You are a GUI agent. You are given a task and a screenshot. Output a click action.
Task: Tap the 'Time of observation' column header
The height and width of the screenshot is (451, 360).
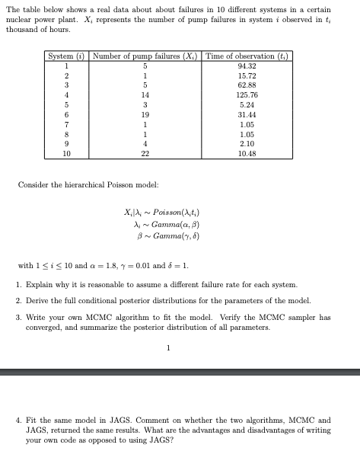pyautogui.click(x=247, y=57)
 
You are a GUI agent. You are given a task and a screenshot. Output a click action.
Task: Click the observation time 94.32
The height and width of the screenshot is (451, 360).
pyautogui.click(x=247, y=66)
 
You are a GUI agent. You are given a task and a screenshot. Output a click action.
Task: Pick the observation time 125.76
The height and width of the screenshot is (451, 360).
pyautogui.click(x=247, y=94)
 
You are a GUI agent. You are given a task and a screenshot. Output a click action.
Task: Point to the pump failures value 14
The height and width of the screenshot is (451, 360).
pyautogui.click(x=145, y=94)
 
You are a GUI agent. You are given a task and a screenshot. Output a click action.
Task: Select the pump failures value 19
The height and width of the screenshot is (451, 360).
pyautogui.click(x=145, y=113)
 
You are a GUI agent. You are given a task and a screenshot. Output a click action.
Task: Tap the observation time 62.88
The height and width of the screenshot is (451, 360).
pyautogui.click(x=247, y=85)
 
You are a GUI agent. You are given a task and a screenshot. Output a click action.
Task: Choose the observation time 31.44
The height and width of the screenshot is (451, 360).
pyautogui.click(x=247, y=113)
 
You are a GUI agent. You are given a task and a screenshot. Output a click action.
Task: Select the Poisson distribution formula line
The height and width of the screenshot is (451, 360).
pyautogui.click(x=158, y=211)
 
